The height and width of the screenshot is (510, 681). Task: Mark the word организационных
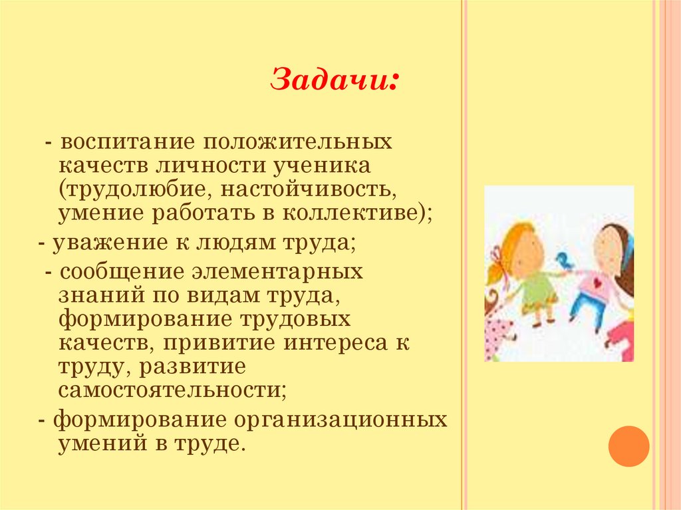tap(339, 421)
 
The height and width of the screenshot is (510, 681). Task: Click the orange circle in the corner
tap(628, 446)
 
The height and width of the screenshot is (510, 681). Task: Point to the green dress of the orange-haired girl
tap(537, 293)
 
